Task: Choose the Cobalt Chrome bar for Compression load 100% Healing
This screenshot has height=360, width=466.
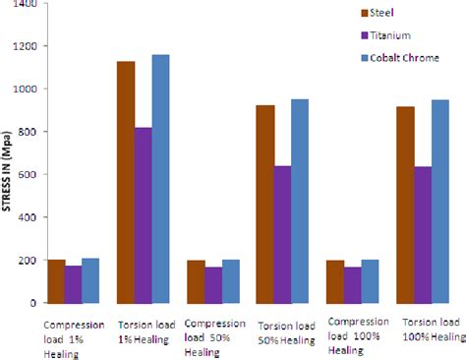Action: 370,281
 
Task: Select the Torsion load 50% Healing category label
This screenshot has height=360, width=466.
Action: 286,331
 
